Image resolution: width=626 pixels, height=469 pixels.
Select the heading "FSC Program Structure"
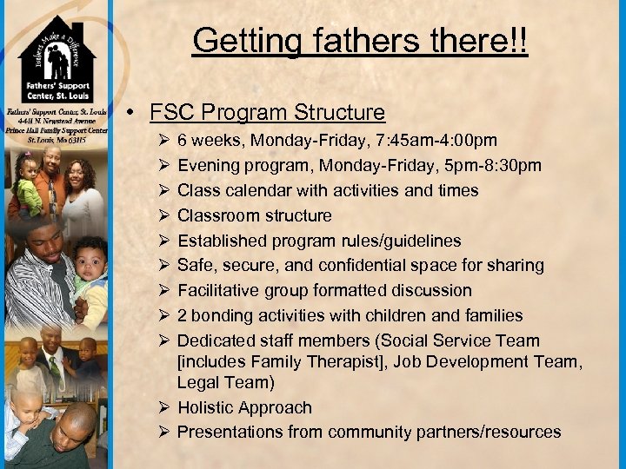tap(267, 113)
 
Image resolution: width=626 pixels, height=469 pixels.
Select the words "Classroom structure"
tap(254, 215)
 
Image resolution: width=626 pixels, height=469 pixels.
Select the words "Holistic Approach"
tap(244, 407)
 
